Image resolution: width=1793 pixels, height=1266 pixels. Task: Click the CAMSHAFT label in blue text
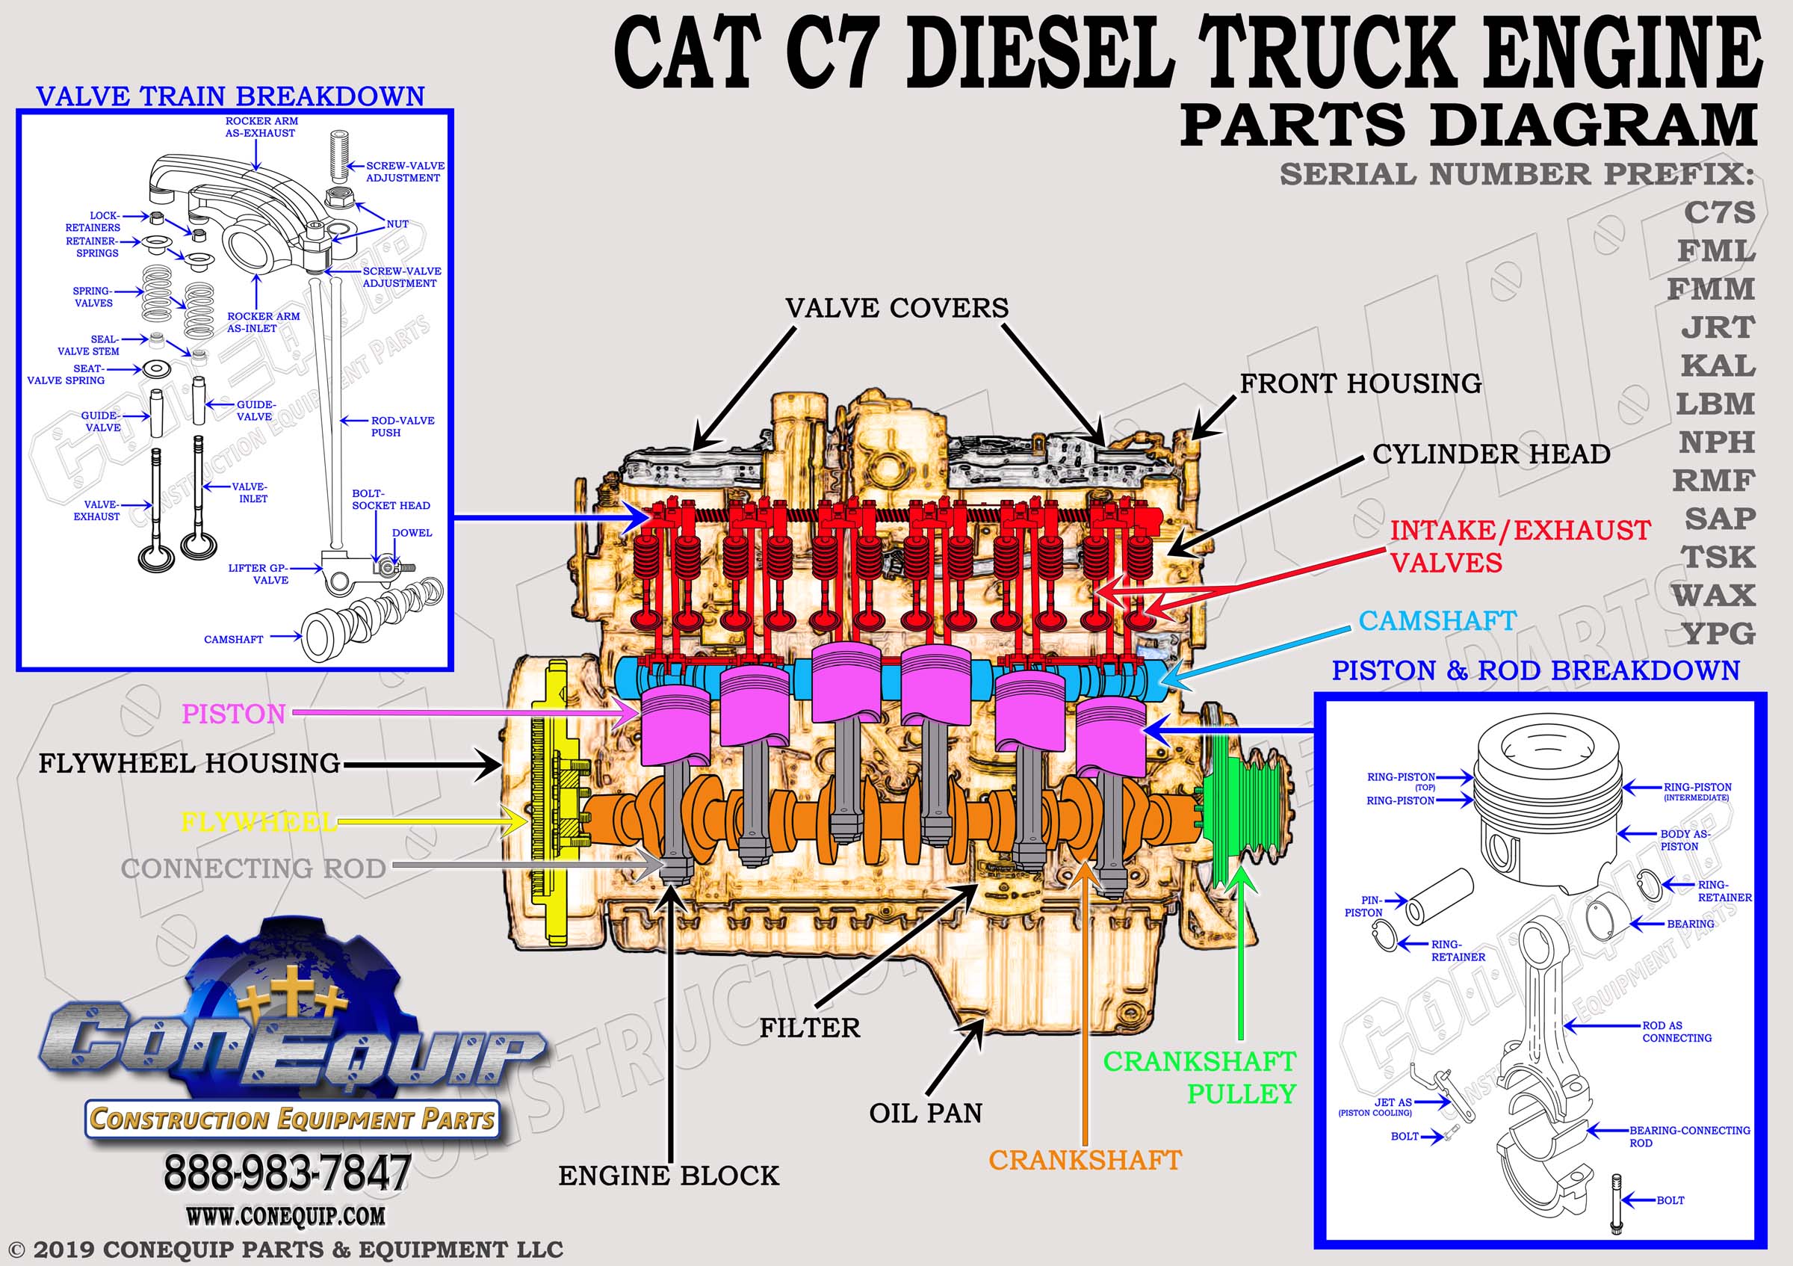tap(1437, 621)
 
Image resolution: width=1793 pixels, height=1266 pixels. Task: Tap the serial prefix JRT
tap(1718, 327)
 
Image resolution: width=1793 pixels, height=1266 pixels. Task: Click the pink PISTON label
tap(234, 714)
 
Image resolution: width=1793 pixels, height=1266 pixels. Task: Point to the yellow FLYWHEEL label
tap(258, 821)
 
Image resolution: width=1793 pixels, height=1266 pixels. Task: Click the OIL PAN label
tap(926, 1113)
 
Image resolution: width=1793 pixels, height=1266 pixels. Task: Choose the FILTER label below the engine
tap(810, 1028)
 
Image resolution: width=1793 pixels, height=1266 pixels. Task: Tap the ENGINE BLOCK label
tap(669, 1176)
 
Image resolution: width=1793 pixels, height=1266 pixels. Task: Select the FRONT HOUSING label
tap(1360, 383)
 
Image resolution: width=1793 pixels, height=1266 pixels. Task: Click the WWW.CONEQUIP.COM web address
tap(285, 1216)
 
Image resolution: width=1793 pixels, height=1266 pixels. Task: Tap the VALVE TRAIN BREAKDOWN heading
tap(230, 96)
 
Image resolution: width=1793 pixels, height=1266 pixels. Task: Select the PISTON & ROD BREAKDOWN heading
tap(1535, 670)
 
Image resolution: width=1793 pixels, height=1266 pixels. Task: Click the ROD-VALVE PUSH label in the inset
tap(402, 427)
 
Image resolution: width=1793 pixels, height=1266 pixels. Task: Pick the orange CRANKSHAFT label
tap(1086, 1160)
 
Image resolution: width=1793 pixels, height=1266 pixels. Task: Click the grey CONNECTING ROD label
tap(253, 868)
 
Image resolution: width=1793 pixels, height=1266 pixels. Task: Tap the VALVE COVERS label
tap(896, 308)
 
